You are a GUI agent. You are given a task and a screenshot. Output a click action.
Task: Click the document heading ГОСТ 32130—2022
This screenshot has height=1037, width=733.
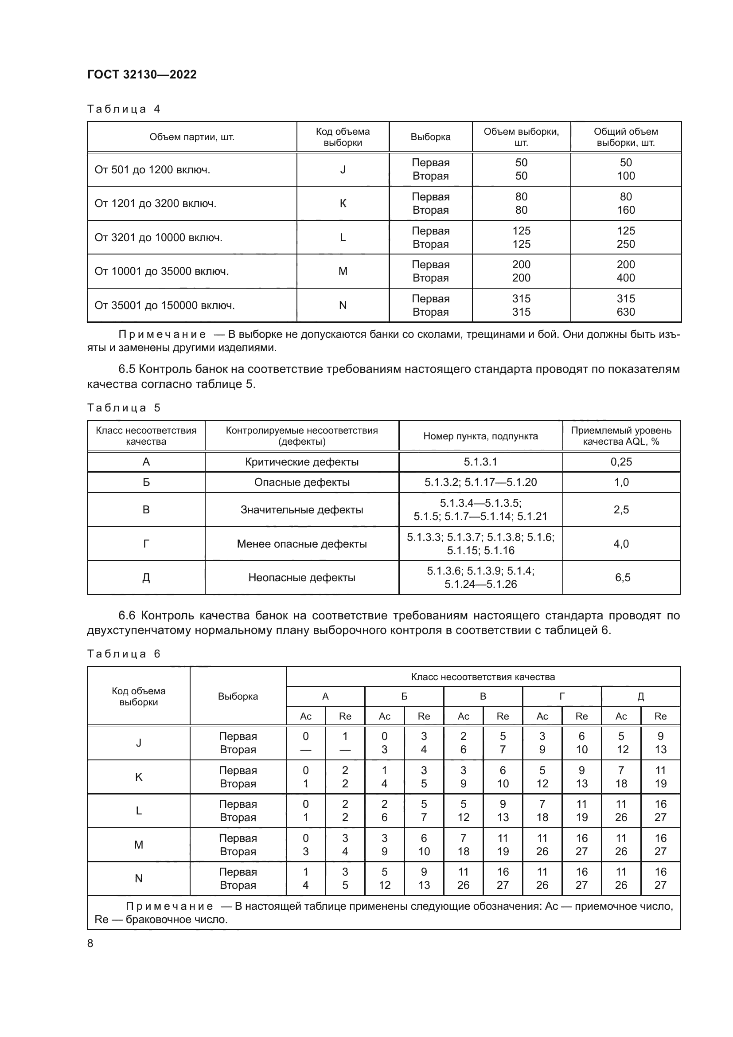point(142,74)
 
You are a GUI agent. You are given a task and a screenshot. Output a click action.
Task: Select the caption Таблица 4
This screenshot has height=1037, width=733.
point(124,109)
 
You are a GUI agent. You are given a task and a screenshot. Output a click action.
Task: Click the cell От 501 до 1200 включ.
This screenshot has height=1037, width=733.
point(152,170)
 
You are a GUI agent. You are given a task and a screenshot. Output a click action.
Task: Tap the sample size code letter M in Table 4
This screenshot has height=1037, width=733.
point(343,271)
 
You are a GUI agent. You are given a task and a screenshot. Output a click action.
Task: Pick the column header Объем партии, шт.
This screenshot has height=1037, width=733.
point(192,137)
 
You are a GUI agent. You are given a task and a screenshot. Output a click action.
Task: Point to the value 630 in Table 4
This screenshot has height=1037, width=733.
point(626,312)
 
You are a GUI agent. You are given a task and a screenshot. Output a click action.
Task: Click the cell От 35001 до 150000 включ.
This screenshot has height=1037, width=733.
point(164,305)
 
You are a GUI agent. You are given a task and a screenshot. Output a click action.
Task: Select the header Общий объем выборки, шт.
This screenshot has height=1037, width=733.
point(626,137)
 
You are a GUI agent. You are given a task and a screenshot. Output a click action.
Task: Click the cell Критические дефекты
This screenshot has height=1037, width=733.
point(301,462)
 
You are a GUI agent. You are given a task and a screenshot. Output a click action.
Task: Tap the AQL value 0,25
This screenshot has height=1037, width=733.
point(621,462)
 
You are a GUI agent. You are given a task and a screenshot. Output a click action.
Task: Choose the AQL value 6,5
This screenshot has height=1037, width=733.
point(622,577)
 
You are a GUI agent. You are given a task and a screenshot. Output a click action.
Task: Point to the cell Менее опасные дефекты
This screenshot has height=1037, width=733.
point(301,544)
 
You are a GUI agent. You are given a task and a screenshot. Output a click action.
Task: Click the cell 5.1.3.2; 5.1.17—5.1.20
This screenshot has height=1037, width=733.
point(480,482)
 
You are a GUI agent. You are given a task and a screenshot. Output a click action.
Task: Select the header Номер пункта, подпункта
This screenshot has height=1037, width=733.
point(480,436)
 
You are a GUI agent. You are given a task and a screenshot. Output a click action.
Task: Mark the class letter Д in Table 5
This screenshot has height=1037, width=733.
point(146,578)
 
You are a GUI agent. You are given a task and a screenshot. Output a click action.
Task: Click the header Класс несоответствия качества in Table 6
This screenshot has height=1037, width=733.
point(483,677)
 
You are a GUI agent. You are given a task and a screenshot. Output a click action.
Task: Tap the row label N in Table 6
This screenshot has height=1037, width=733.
point(139,878)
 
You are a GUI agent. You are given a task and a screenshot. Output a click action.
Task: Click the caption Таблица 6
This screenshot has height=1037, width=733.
point(124,654)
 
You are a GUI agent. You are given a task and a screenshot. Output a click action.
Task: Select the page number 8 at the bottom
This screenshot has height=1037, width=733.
point(90,943)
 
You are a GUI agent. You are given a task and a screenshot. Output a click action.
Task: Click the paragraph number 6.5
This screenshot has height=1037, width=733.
point(127,369)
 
